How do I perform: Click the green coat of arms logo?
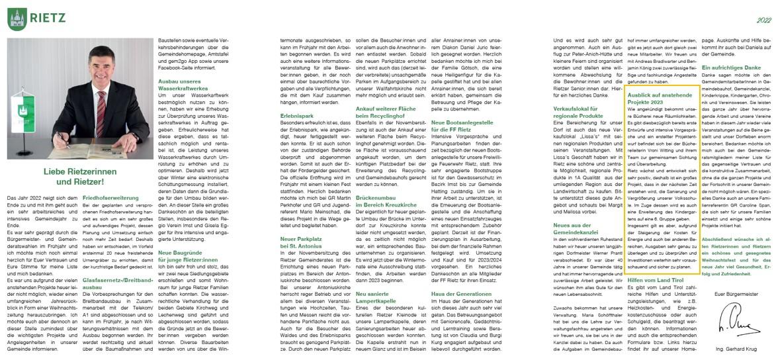17,17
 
